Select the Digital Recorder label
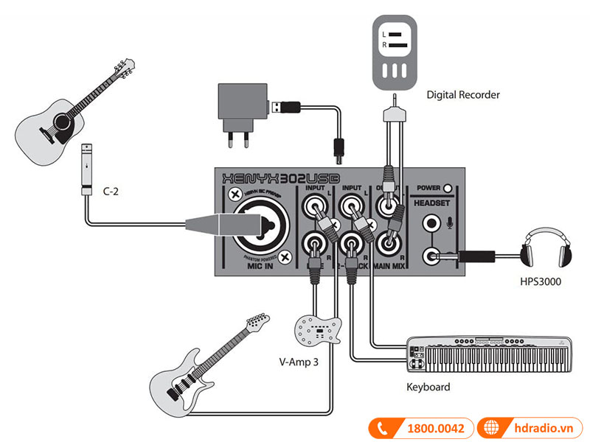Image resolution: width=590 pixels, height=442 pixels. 463,95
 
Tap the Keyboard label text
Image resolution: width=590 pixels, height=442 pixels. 428,386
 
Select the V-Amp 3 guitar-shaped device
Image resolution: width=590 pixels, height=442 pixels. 319,331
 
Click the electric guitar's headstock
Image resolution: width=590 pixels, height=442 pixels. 255,322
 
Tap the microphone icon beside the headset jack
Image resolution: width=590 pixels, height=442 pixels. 450,222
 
